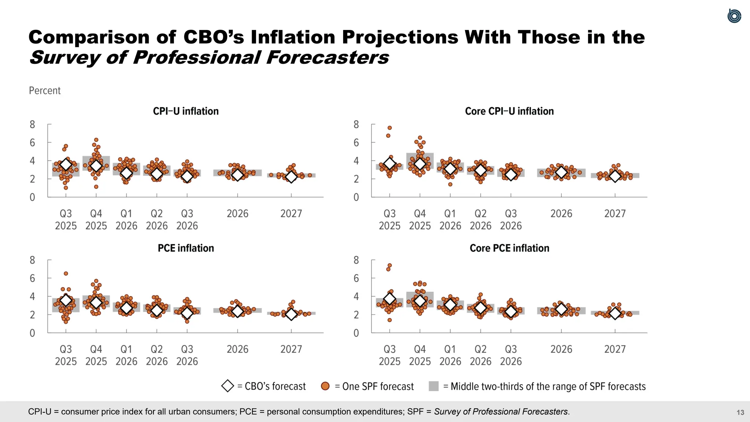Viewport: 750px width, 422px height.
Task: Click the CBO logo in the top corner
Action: click(x=734, y=16)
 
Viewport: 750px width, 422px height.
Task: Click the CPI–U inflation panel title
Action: click(x=186, y=111)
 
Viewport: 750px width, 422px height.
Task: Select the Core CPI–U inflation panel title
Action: click(x=509, y=111)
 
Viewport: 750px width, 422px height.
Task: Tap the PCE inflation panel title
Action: click(x=186, y=248)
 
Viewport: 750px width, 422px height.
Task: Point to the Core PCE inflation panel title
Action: click(x=509, y=248)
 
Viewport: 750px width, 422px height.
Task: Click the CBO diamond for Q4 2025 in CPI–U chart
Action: click(x=96, y=166)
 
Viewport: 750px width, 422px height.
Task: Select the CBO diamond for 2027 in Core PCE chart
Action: click(x=615, y=314)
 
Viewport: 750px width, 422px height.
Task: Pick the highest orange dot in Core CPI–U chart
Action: click(x=390, y=128)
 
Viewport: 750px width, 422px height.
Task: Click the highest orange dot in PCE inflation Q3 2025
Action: click(x=66, y=274)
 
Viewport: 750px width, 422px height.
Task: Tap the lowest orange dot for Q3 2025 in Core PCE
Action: click(x=390, y=320)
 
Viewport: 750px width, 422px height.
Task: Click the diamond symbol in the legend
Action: click(x=227, y=386)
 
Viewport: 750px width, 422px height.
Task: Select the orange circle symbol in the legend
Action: click(x=325, y=386)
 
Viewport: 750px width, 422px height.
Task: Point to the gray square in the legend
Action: click(x=434, y=386)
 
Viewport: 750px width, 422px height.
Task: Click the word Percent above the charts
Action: click(x=45, y=90)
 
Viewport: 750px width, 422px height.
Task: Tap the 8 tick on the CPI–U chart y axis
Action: click(x=33, y=125)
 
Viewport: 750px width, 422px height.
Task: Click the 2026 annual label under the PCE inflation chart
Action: click(x=237, y=349)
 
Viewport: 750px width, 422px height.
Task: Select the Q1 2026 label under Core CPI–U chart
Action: click(x=450, y=219)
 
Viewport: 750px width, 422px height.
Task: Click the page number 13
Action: click(x=740, y=412)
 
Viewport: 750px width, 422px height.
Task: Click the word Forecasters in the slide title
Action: click(x=327, y=58)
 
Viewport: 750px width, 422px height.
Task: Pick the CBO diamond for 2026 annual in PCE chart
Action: click(x=237, y=311)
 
